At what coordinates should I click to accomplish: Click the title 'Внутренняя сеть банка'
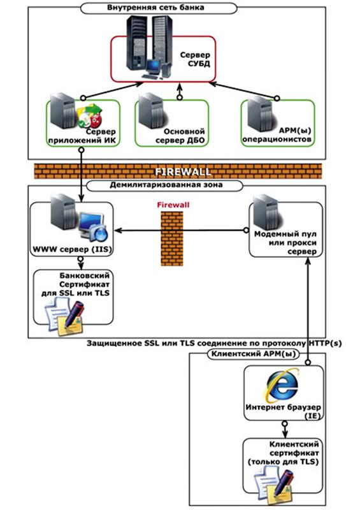(x=155, y=8)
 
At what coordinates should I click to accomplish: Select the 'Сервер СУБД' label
(x=195, y=59)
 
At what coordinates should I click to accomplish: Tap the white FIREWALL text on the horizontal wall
(x=182, y=171)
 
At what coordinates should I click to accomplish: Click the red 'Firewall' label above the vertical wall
(x=173, y=205)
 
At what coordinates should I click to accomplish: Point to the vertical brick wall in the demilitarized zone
(x=172, y=238)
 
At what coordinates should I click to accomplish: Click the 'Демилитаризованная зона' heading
(x=166, y=185)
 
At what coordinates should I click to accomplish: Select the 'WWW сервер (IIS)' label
(x=72, y=249)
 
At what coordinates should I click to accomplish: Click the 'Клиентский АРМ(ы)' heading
(x=254, y=354)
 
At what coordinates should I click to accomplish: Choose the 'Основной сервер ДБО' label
(x=180, y=136)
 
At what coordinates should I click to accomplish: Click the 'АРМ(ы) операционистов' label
(x=277, y=135)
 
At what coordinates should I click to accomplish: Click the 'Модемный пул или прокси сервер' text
(x=285, y=243)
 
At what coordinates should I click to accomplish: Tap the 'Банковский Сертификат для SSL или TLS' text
(x=75, y=284)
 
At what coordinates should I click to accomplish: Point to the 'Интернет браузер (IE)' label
(x=283, y=411)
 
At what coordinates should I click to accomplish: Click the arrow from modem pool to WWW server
(x=181, y=231)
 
